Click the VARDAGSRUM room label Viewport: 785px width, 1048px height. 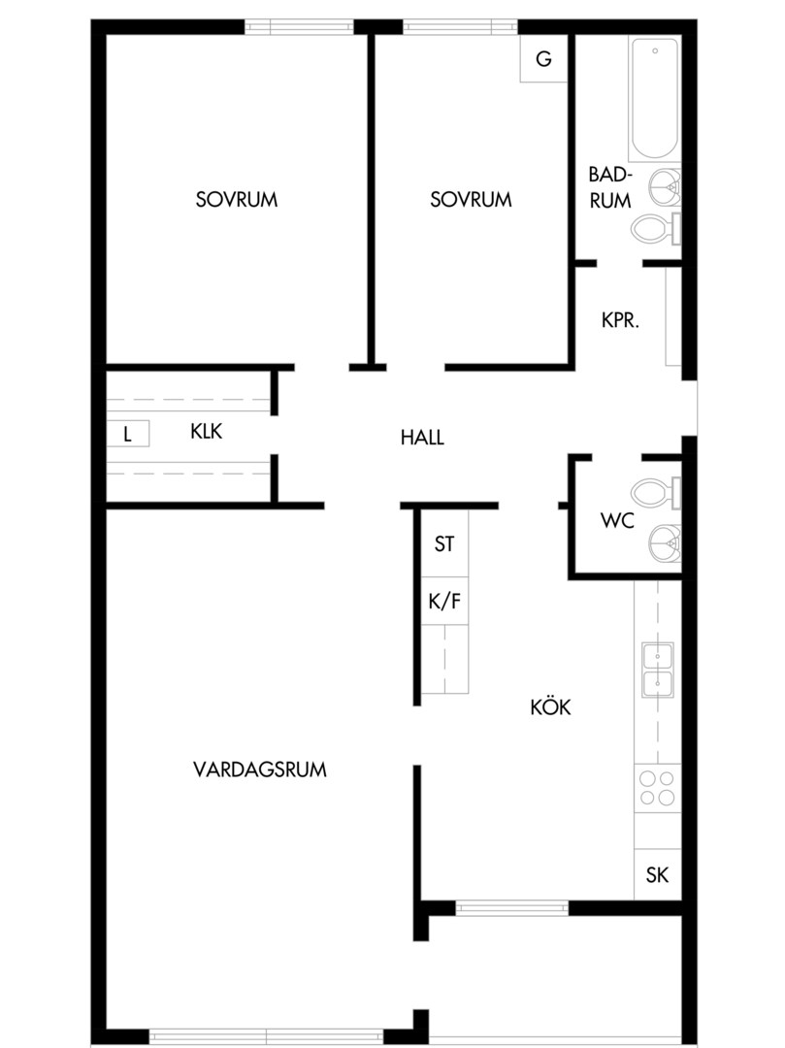(x=260, y=770)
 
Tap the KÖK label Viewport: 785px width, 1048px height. (x=550, y=706)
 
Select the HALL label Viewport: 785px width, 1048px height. (x=422, y=438)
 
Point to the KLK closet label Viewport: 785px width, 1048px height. (x=207, y=431)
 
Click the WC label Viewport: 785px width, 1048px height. (x=617, y=520)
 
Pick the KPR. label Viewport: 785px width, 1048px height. (x=621, y=320)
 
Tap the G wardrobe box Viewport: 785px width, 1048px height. (x=543, y=59)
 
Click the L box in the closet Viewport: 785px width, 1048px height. (x=128, y=434)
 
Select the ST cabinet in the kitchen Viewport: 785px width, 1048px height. (x=444, y=543)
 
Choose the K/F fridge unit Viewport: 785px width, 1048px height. (x=444, y=601)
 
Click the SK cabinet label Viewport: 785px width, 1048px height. (x=657, y=875)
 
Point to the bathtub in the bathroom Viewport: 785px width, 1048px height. (x=655, y=98)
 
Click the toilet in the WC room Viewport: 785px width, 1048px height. (x=656, y=493)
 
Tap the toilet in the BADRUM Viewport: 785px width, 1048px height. (x=656, y=229)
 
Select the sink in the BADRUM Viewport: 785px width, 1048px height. (x=665, y=187)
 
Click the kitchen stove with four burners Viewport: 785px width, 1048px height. (x=657, y=788)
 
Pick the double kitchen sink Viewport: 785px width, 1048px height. (x=658, y=670)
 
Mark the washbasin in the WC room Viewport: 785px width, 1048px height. (x=665, y=542)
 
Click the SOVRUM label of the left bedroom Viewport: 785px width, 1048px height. (x=237, y=199)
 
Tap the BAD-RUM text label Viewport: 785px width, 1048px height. (x=610, y=187)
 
